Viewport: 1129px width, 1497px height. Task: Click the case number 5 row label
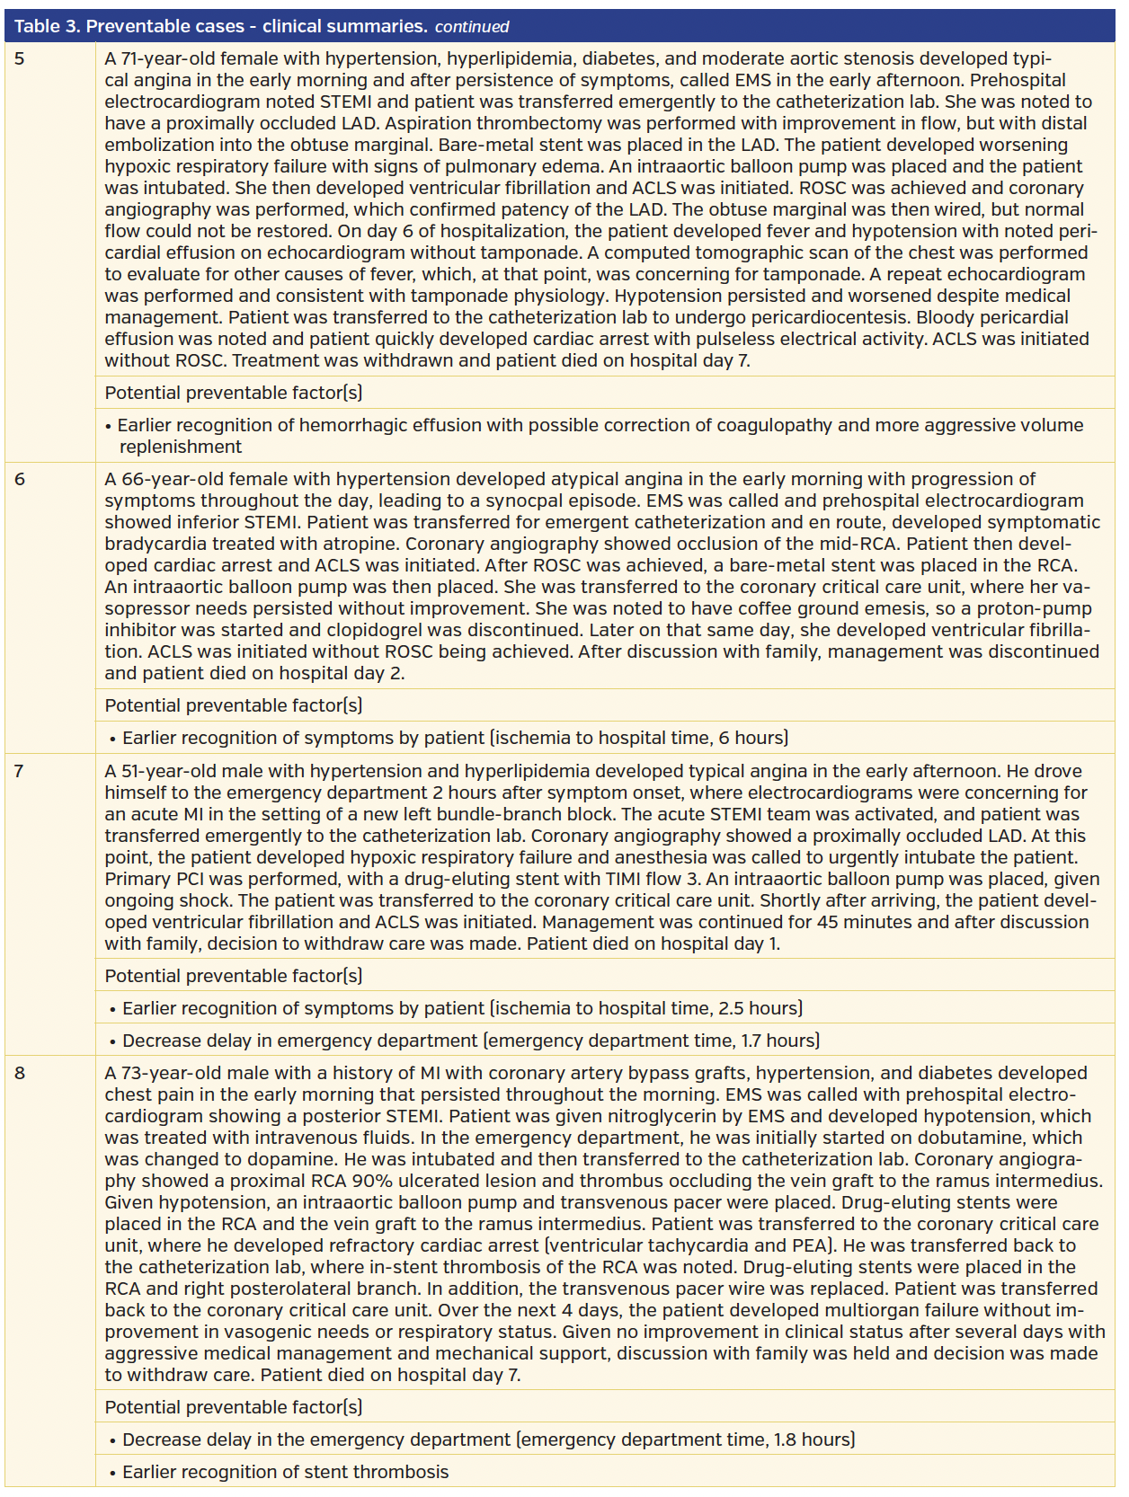[x=20, y=59]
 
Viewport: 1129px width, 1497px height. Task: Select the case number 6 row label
[x=20, y=480]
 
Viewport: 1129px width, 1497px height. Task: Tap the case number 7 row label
[x=20, y=772]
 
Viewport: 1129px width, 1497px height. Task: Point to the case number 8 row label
[x=20, y=1074]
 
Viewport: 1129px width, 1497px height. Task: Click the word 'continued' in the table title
[x=472, y=27]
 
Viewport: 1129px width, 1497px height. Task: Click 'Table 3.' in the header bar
[x=47, y=26]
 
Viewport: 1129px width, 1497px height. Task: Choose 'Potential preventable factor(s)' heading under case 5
[x=234, y=394]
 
